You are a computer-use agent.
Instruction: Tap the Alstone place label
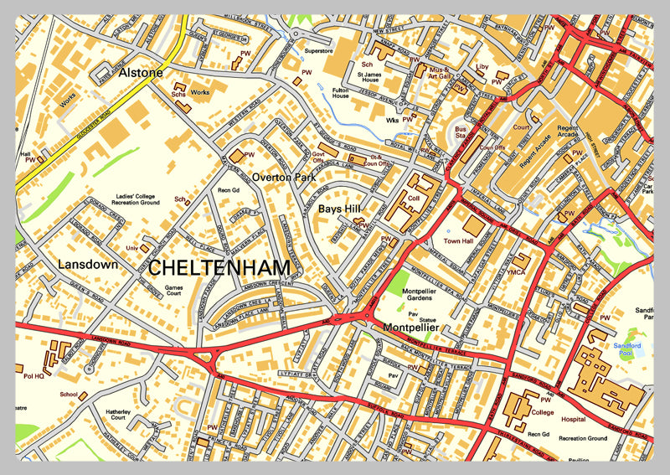pos(141,73)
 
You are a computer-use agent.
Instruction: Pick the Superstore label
pos(318,50)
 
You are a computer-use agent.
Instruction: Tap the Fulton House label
pos(340,92)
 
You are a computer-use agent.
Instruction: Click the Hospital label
pos(573,419)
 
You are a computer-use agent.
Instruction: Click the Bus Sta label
pos(460,133)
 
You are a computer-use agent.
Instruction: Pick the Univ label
pos(131,248)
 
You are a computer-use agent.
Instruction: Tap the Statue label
pos(428,320)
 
